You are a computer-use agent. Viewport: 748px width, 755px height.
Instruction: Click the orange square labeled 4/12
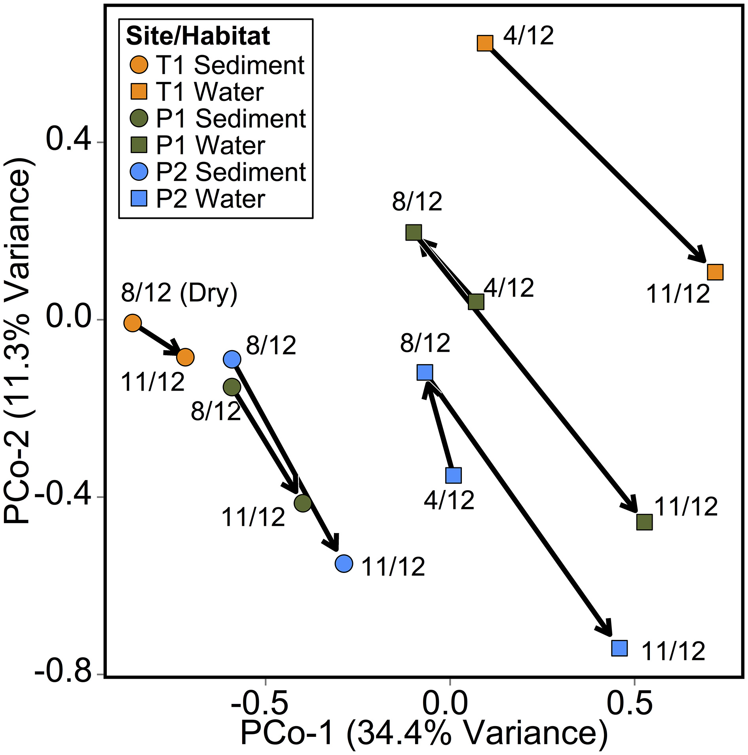(x=485, y=43)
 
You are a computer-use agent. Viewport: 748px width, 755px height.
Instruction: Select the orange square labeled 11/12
(x=715, y=272)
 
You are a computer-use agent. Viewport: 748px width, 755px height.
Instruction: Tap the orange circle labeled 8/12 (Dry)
(x=133, y=323)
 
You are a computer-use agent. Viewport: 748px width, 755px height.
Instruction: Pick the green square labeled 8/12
(x=413, y=232)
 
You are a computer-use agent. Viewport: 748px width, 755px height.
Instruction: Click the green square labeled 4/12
(x=476, y=302)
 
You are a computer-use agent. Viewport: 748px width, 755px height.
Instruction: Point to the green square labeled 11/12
(x=644, y=522)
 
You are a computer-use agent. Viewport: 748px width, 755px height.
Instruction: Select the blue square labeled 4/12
(x=453, y=475)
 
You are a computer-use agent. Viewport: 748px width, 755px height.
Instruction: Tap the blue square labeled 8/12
(x=425, y=372)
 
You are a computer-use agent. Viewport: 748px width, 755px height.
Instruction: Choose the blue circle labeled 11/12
(x=344, y=563)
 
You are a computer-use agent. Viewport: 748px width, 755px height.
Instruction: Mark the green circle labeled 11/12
(x=303, y=503)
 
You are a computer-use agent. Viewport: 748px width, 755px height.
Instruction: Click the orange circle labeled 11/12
(x=185, y=357)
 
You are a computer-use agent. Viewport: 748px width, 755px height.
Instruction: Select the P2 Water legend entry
(x=198, y=199)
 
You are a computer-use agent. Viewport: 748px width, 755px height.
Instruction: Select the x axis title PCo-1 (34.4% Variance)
(x=423, y=733)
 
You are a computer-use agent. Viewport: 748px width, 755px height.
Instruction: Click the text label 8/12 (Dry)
(x=179, y=293)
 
